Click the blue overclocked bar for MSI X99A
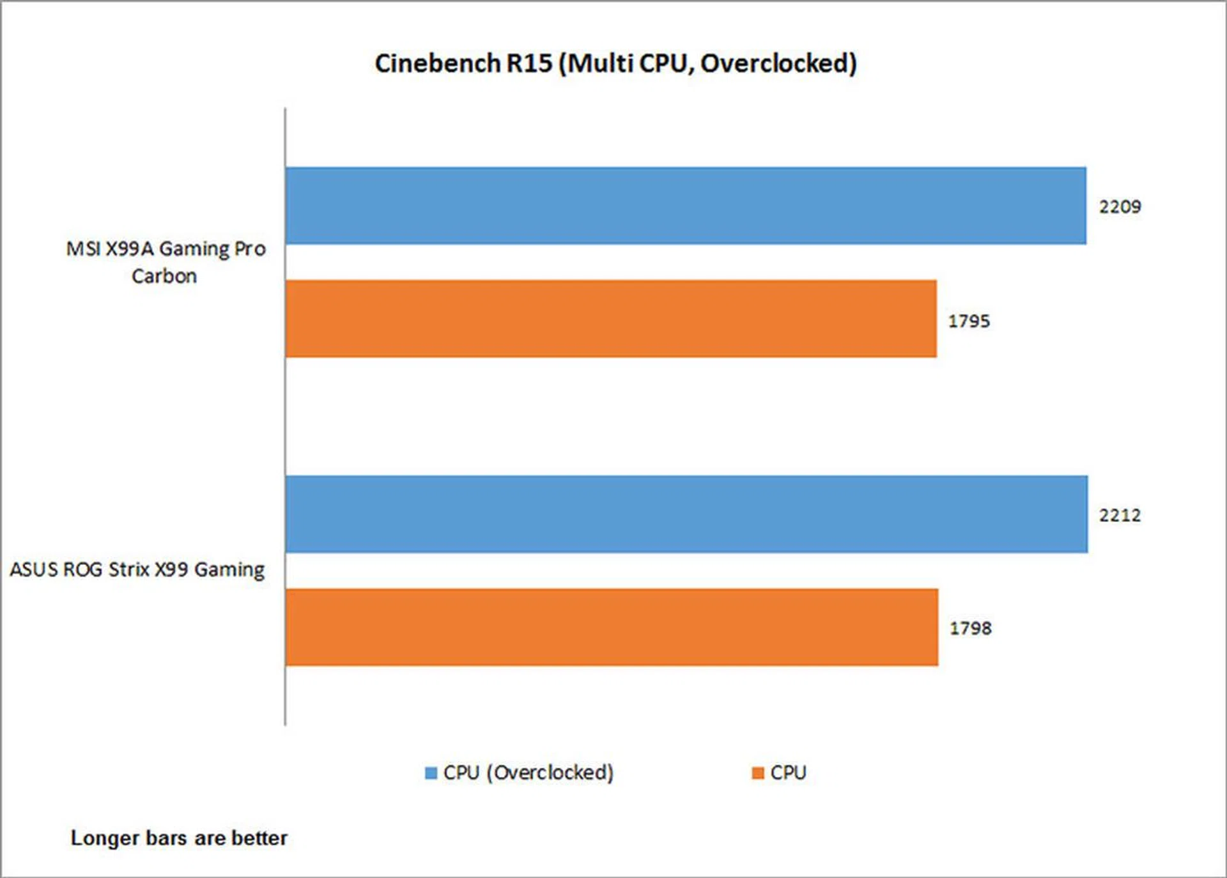click(x=685, y=206)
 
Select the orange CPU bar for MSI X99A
click(x=611, y=318)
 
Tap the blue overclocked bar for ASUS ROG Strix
click(x=686, y=514)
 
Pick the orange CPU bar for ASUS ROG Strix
click(x=612, y=627)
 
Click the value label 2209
click(x=1120, y=207)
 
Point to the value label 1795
click(x=969, y=321)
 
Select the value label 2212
click(x=1120, y=515)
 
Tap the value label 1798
click(x=970, y=628)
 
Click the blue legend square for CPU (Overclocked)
click(x=431, y=773)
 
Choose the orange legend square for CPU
click(x=758, y=773)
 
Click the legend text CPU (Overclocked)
click(x=529, y=773)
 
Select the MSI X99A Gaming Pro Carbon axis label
click(x=166, y=262)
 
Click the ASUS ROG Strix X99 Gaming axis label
click(x=137, y=569)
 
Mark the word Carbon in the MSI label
click(x=164, y=276)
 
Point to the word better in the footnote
click(x=259, y=838)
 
